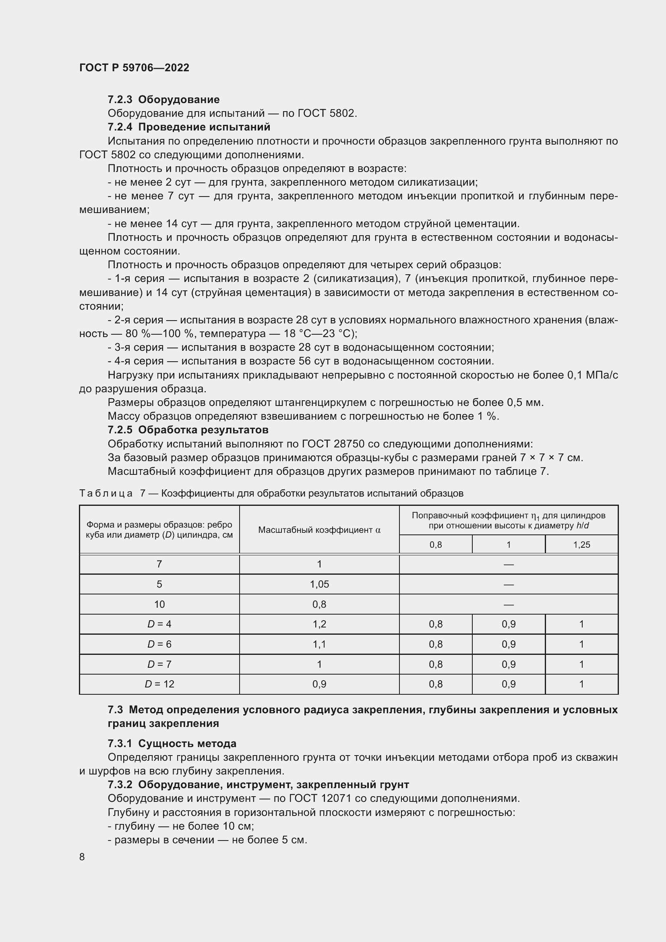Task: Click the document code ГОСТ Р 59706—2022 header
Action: (134, 68)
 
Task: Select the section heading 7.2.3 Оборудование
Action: (163, 100)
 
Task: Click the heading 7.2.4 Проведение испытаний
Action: (189, 127)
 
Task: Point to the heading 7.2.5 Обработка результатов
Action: (188, 430)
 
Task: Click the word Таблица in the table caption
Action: (106, 493)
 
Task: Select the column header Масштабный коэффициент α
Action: (319, 530)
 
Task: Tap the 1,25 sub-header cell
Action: (581, 545)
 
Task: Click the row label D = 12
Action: (159, 684)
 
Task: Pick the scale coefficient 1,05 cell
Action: (319, 584)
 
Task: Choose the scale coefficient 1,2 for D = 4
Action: (319, 624)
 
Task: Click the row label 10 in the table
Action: (159, 605)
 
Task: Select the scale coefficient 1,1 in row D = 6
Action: (319, 644)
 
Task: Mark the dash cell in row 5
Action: (509, 585)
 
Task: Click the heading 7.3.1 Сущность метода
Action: (172, 743)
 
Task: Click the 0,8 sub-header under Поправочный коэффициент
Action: (436, 545)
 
